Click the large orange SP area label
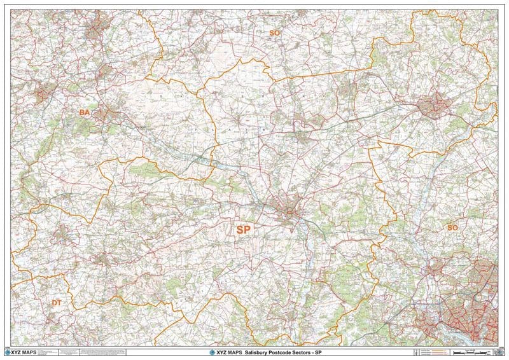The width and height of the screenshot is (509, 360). pyautogui.click(x=243, y=230)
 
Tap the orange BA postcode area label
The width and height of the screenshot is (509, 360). pyautogui.click(x=85, y=113)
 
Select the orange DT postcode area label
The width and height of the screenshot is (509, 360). pyautogui.click(x=57, y=303)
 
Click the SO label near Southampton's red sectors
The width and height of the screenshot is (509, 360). pyautogui.click(x=452, y=227)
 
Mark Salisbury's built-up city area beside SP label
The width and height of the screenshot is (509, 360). pyautogui.click(x=289, y=209)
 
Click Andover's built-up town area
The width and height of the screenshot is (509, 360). pyautogui.click(x=436, y=106)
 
